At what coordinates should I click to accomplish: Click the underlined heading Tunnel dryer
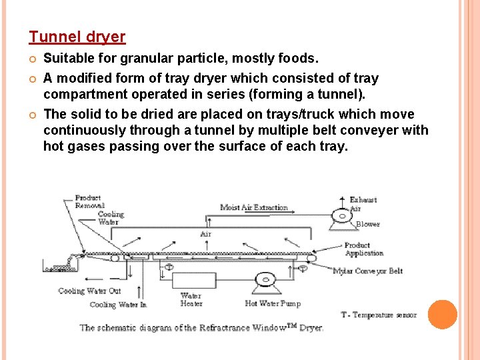[77, 37]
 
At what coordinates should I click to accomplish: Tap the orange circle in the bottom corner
[442, 315]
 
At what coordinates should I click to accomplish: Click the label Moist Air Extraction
[253, 207]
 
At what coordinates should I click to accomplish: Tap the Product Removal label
[89, 201]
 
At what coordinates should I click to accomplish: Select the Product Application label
[363, 249]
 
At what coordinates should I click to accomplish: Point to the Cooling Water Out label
[89, 291]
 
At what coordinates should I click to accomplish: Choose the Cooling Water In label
[118, 305]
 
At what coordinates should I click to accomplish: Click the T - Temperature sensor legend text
[379, 315]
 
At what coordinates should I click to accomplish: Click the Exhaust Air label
[363, 203]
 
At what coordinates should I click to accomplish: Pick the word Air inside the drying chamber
[205, 235]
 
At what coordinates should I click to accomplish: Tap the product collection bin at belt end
[56, 267]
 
